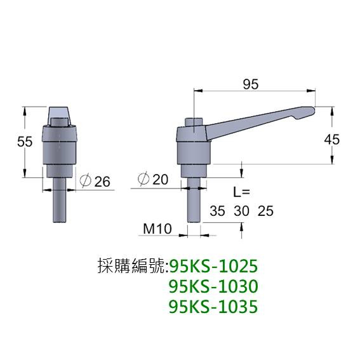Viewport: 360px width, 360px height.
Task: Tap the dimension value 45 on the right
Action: (331, 139)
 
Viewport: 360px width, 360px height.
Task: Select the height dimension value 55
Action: (25, 142)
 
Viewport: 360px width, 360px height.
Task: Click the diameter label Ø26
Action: (97, 182)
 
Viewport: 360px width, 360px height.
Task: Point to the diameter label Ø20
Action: (152, 180)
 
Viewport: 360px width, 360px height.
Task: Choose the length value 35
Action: (217, 211)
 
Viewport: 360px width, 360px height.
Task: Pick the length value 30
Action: (241, 211)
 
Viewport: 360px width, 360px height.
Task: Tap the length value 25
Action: (265, 211)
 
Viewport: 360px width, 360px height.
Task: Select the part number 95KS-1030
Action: (215, 286)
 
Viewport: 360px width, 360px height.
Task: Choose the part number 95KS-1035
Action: (215, 307)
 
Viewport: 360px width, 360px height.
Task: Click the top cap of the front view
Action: (61, 115)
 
